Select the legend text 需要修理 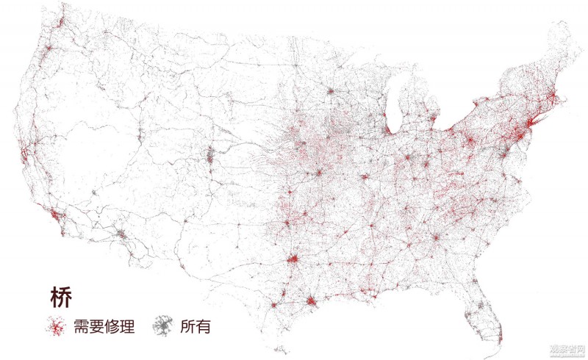tap(102, 325)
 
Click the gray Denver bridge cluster tap(211, 155)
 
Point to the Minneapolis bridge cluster tap(331, 92)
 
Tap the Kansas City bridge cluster tap(320, 173)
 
